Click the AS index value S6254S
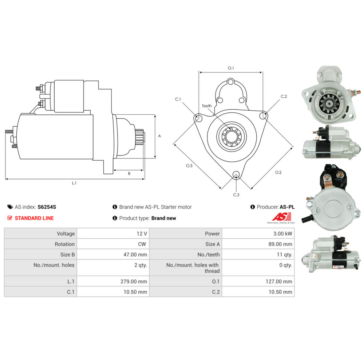tap(47, 207)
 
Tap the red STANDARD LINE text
tap(34, 218)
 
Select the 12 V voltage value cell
tap(113, 234)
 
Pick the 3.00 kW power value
tap(282, 234)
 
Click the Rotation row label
tap(64, 244)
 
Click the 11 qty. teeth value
tap(284, 255)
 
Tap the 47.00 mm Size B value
tap(135, 255)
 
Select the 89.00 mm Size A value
tap(280, 244)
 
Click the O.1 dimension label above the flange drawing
tap(231, 68)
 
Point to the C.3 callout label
tap(236, 195)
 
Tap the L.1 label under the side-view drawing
tap(74, 183)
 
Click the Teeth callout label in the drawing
tap(207, 106)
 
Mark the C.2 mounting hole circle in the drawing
tap(263, 115)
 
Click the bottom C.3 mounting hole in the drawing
tap(236, 175)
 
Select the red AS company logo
tap(282, 217)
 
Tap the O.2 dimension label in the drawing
tap(278, 172)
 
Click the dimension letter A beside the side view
tap(159, 136)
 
